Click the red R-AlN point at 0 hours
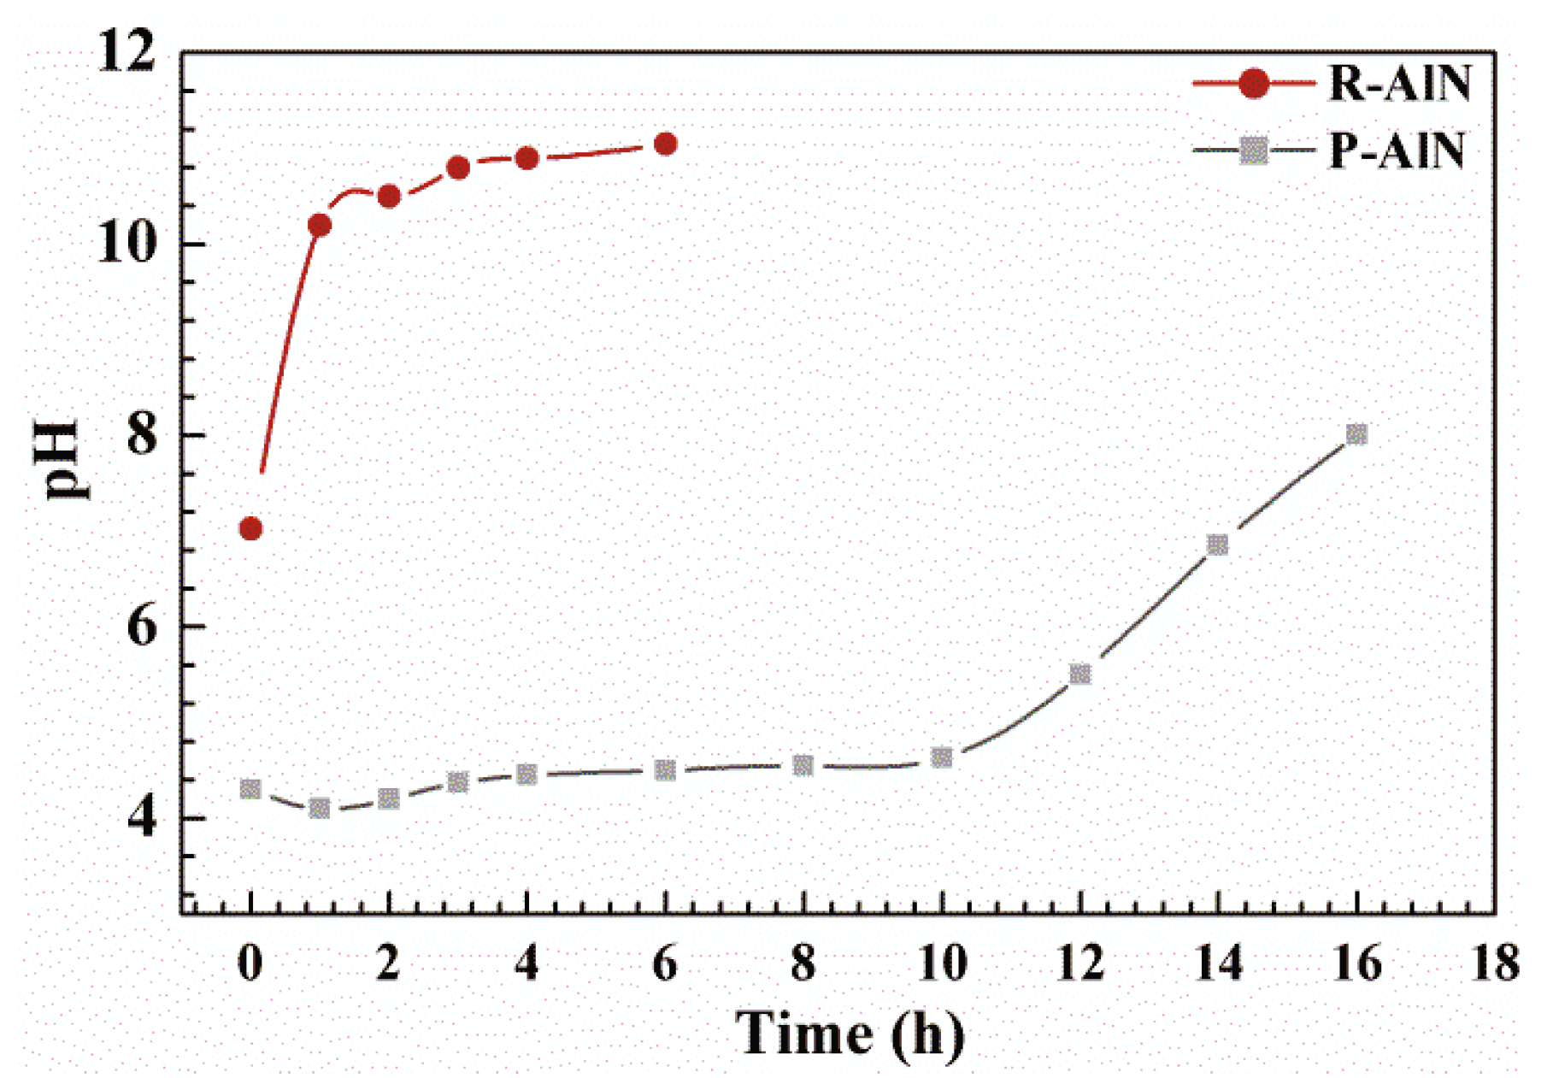click(x=250, y=529)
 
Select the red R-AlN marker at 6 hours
click(x=665, y=144)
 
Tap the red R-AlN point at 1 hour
click(x=320, y=226)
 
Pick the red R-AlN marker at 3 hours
click(x=458, y=168)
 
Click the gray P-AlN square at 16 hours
click(x=1356, y=434)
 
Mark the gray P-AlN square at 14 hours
click(x=1218, y=545)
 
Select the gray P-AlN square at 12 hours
click(x=1080, y=674)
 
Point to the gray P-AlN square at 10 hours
click(x=942, y=757)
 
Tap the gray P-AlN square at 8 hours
click(x=803, y=765)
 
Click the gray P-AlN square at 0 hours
click(x=250, y=789)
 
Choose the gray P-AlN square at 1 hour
click(x=320, y=808)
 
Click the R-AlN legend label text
click(x=1399, y=84)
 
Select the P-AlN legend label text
click(x=1397, y=151)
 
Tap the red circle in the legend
click(x=1253, y=83)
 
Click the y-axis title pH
click(x=62, y=459)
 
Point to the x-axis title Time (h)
click(x=850, y=1034)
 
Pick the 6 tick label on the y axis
click(x=142, y=627)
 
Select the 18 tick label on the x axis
click(x=1495, y=963)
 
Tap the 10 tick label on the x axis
click(x=942, y=963)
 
